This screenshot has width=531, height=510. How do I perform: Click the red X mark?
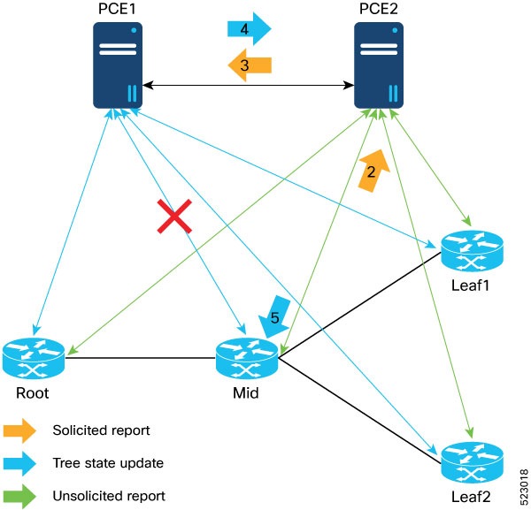(x=175, y=217)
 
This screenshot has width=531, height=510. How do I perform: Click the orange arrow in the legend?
(x=19, y=430)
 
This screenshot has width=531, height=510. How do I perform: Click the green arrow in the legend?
(x=19, y=495)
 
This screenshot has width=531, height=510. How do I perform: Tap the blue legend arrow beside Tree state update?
(x=19, y=463)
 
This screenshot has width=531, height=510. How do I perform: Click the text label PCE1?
(x=119, y=9)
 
